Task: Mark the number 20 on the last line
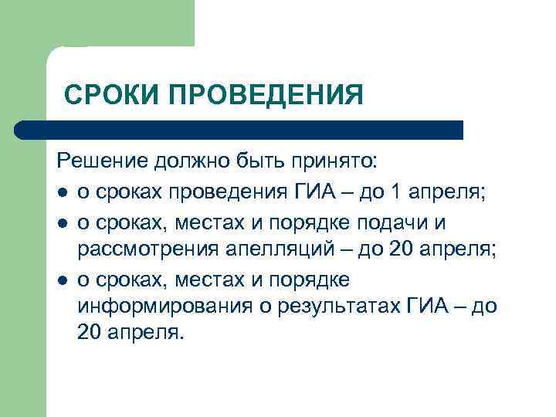coord(90,334)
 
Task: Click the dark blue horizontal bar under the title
coord(239,130)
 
